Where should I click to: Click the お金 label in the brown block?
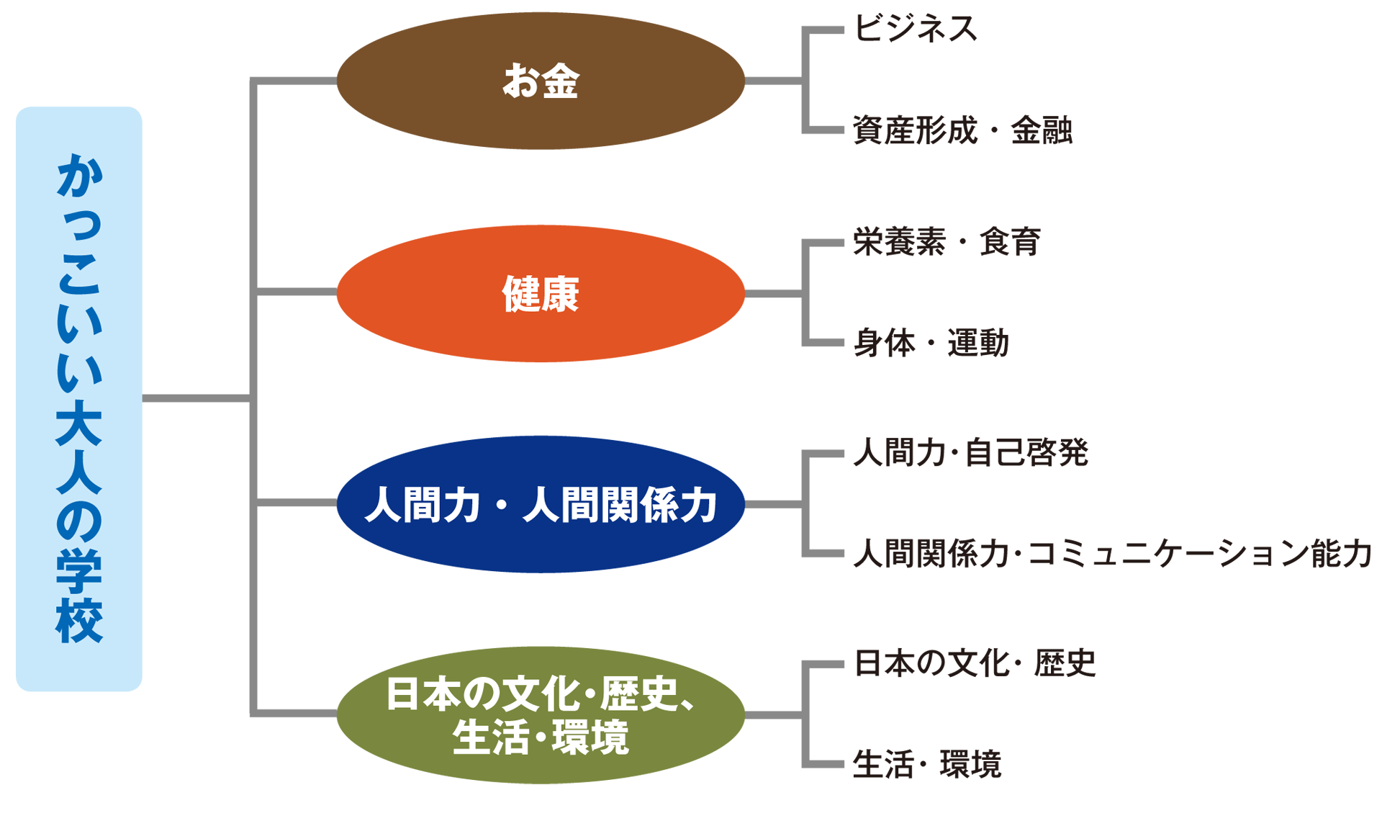pyautogui.click(x=541, y=81)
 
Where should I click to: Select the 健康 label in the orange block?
pyautogui.click(x=541, y=295)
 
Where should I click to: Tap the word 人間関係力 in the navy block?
pyautogui.click(x=620, y=505)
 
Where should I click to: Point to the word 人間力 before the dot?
pyautogui.click(x=423, y=505)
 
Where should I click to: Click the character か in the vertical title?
pyautogui.click(x=79, y=176)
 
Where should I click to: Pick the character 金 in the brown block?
pyautogui.click(x=561, y=81)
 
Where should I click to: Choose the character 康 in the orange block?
pyautogui.click(x=561, y=295)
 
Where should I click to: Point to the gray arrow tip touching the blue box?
pyautogui.click(x=145, y=398)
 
